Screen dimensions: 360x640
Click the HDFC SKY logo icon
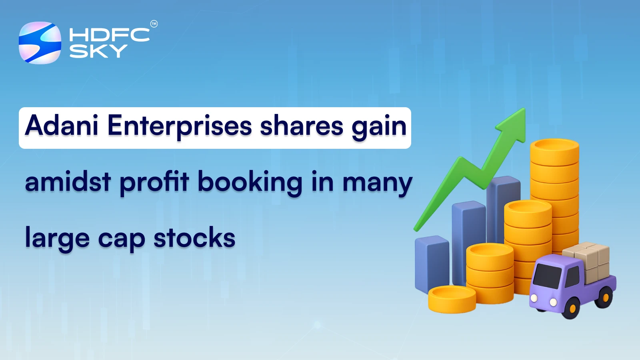[40, 43]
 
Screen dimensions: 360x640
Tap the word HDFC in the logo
[109, 35]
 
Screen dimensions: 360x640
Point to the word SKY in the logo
[98, 51]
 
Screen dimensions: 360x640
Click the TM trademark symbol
[154, 24]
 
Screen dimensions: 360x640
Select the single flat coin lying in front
[452, 298]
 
